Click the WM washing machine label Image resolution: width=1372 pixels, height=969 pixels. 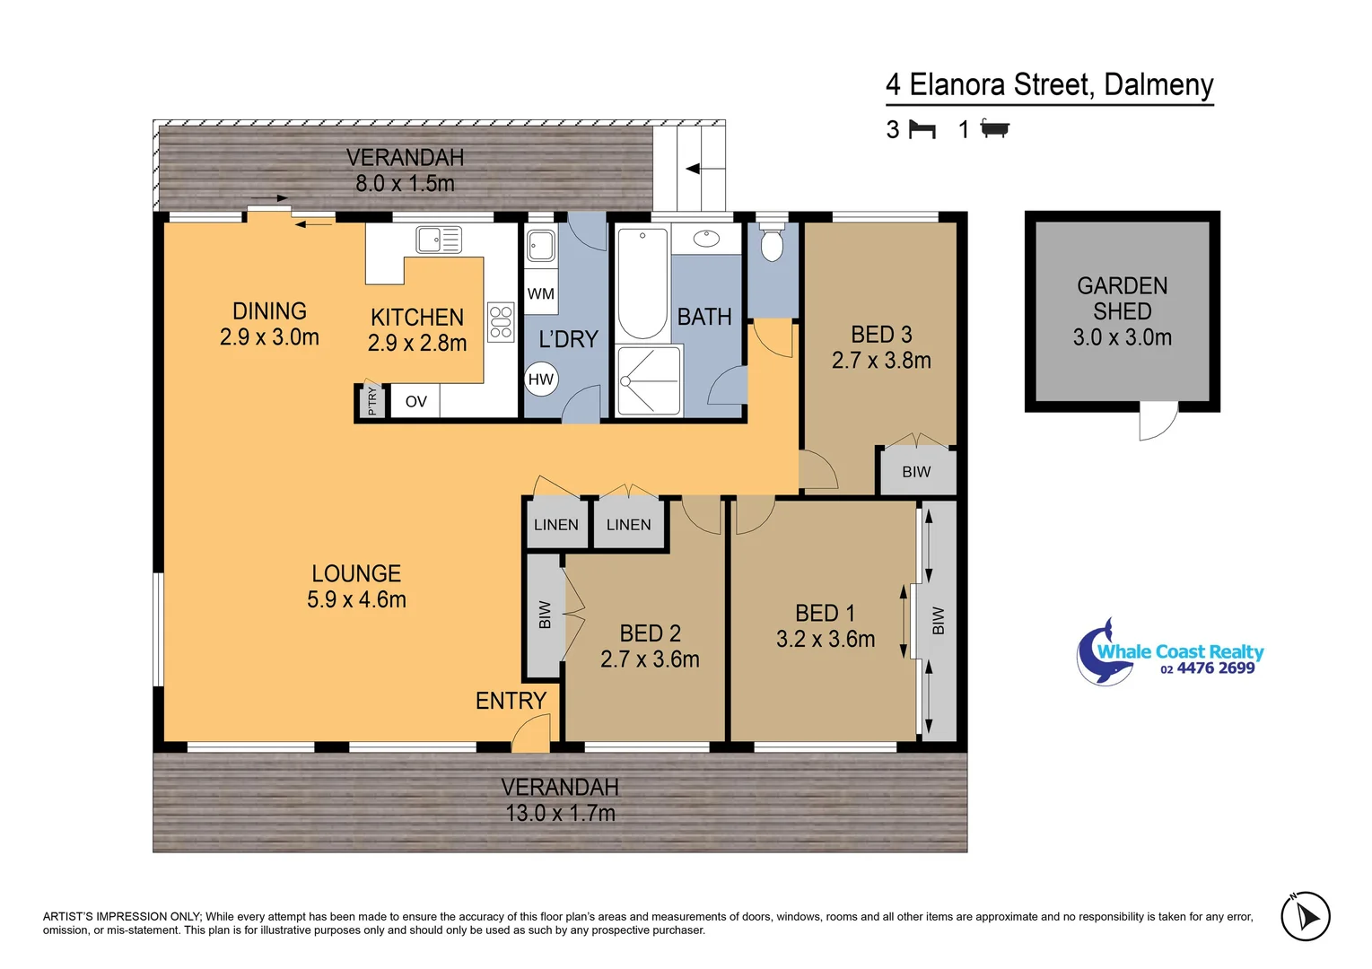click(x=541, y=294)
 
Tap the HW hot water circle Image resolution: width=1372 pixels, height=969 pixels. click(x=541, y=380)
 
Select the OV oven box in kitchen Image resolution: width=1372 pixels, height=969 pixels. click(x=415, y=402)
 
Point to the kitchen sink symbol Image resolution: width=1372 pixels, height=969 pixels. click(x=439, y=240)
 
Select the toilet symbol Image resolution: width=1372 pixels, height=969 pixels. click(x=772, y=243)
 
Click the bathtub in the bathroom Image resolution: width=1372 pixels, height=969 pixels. click(x=642, y=283)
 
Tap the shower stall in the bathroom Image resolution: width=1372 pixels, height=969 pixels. click(x=650, y=380)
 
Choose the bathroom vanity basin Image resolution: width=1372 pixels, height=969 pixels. click(x=707, y=239)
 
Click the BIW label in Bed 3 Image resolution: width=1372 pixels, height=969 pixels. click(x=916, y=472)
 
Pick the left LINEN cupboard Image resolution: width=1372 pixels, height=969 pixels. click(x=556, y=525)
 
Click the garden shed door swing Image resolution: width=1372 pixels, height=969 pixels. click(x=1158, y=421)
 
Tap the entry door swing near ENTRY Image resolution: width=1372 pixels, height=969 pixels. click(x=530, y=734)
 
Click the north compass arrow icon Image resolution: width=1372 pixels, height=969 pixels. click(x=1306, y=917)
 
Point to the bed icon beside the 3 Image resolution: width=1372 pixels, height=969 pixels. click(x=922, y=130)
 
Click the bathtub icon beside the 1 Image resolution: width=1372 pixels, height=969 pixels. click(x=994, y=129)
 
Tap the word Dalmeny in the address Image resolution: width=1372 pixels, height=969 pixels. click(x=1158, y=85)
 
